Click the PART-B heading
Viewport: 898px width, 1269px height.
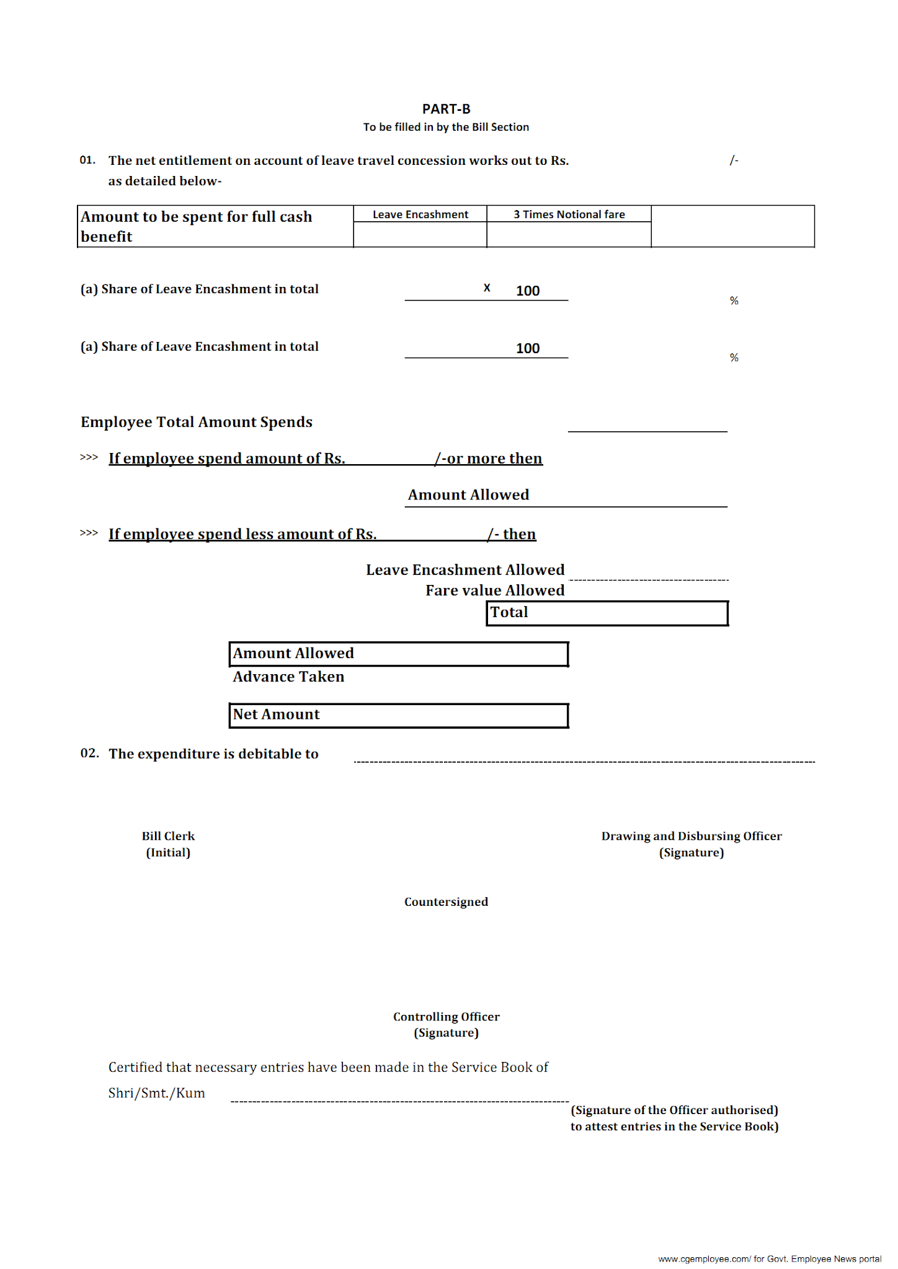coord(446,109)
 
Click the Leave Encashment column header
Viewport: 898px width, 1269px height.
coord(420,214)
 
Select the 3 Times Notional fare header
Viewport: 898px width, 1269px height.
coord(569,214)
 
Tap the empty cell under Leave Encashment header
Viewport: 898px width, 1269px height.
coord(420,235)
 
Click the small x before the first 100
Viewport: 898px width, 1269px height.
coord(487,288)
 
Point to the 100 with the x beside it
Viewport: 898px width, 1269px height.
coord(528,291)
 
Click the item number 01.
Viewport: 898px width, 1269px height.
coord(87,160)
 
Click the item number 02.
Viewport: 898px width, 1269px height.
coord(89,753)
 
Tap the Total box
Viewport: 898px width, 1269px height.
coord(607,613)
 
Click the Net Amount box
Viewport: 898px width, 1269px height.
coord(398,715)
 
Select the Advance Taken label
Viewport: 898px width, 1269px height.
coord(288,677)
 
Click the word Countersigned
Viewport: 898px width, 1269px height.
coord(446,902)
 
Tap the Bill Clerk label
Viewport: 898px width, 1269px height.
coord(168,836)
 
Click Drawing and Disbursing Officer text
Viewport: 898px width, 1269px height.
coord(691,836)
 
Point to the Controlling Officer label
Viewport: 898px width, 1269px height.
coord(446,1016)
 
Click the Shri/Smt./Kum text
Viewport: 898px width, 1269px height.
coord(156,1093)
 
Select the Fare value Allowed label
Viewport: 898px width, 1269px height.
coord(495,591)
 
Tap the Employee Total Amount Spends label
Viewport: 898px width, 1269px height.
coord(197,422)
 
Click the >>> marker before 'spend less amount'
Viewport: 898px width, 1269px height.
coord(89,533)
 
